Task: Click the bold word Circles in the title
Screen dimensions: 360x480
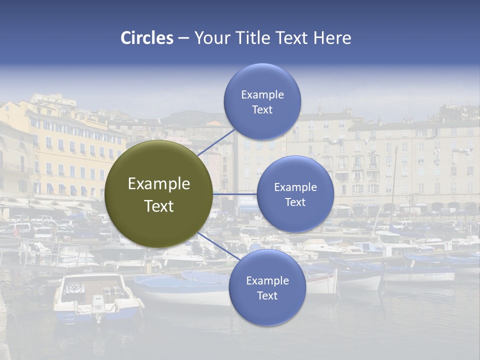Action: point(147,38)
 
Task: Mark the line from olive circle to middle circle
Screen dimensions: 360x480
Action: point(235,193)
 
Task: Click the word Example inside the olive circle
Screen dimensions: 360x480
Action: point(159,184)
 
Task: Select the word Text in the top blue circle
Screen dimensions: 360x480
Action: point(262,110)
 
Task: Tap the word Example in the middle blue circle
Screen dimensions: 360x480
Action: point(295,187)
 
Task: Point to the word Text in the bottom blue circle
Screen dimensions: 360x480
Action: point(267,295)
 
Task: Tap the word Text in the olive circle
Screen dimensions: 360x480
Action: point(159,206)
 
